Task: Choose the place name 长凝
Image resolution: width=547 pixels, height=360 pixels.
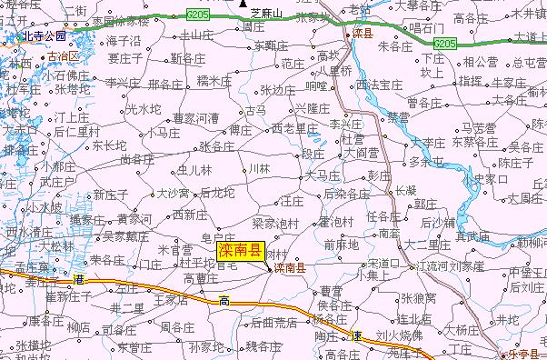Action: tap(405, 190)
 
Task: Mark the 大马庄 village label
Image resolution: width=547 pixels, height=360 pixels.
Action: tap(323, 174)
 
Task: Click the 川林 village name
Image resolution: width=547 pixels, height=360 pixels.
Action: tap(259, 168)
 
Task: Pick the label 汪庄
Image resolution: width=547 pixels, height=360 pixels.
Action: tap(292, 198)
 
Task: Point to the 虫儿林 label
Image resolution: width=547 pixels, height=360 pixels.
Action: tap(194, 169)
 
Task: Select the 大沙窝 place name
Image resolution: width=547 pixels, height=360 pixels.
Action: tap(172, 193)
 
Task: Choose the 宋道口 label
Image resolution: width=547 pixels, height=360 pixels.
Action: tap(384, 263)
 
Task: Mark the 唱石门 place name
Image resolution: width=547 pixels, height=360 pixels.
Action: tap(426, 27)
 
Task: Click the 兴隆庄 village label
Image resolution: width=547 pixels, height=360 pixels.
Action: tap(313, 107)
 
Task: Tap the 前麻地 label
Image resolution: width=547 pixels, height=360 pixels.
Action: tap(341, 244)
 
